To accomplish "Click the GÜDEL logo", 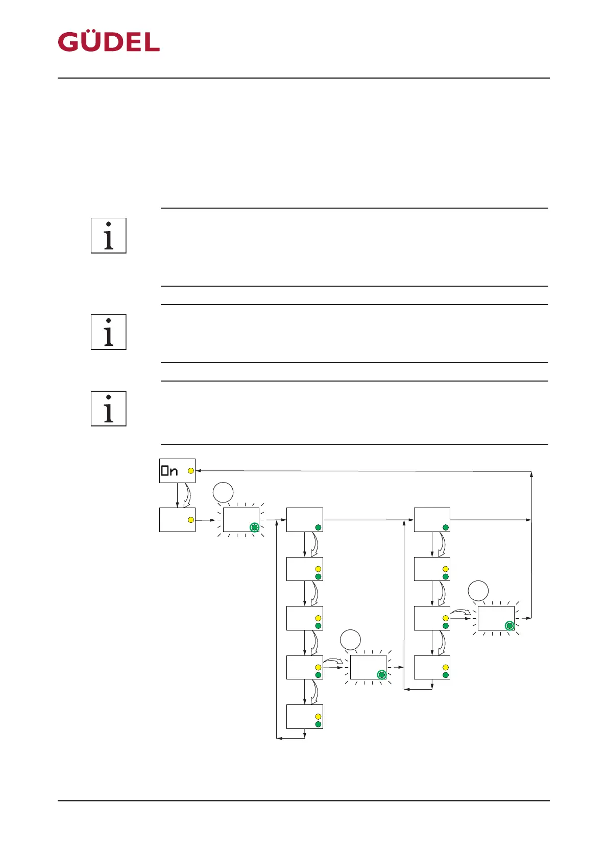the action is (109, 42).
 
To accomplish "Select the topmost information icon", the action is (109, 236).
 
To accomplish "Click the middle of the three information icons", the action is (109, 332).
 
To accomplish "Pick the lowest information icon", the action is (109, 409).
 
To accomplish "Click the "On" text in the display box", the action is (170, 471).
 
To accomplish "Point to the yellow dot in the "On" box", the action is (191, 471).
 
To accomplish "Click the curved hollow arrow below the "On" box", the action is (187, 495).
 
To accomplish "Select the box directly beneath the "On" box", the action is (177, 520).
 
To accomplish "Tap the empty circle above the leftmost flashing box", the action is (223, 493).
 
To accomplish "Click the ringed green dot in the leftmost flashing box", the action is (254, 527).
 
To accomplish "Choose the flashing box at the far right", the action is (496, 618).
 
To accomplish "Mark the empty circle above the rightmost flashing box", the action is (478, 591).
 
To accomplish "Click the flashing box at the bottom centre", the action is (368, 667).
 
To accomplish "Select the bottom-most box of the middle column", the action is (305, 717).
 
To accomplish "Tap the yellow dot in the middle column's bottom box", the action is (318, 716).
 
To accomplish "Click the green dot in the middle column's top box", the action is (318, 527).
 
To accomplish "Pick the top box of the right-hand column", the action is (432, 520).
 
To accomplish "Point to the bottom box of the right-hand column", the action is (432, 667).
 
